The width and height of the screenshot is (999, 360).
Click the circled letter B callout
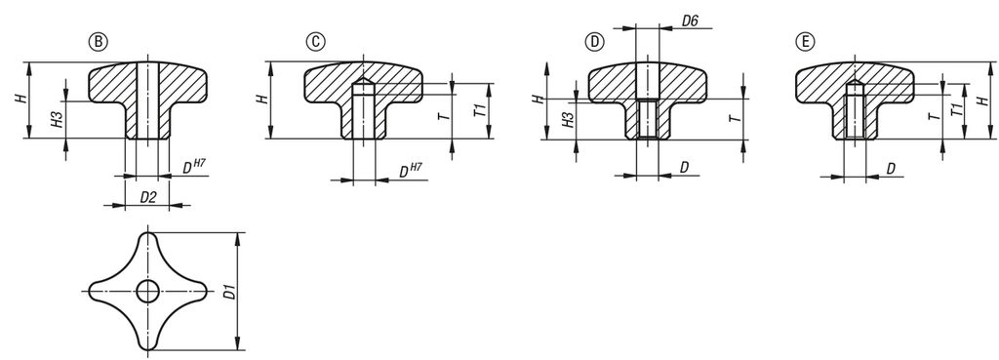[99, 42]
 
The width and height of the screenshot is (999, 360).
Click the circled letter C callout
[315, 42]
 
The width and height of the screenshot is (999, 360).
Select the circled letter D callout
[594, 42]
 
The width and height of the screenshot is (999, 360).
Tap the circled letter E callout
[805, 42]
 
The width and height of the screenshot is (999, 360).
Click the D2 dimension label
[148, 197]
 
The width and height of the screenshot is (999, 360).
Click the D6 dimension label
[690, 21]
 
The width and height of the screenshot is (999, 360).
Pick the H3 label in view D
[567, 119]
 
